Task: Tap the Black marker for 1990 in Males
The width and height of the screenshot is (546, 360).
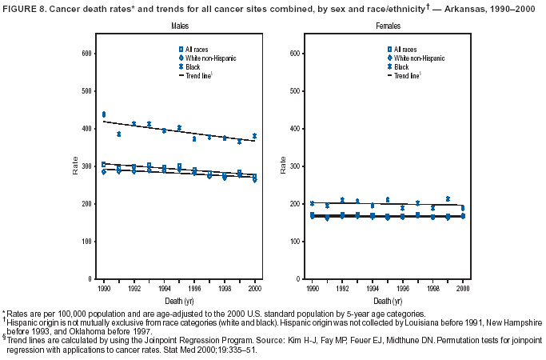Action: point(103,115)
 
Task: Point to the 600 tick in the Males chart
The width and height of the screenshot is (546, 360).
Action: point(84,54)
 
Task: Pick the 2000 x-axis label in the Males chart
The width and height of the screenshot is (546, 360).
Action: point(254,286)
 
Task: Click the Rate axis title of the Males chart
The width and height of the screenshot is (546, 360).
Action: point(75,166)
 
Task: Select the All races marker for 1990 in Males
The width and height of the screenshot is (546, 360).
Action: point(103,164)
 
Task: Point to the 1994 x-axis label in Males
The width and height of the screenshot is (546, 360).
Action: point(164,286)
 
